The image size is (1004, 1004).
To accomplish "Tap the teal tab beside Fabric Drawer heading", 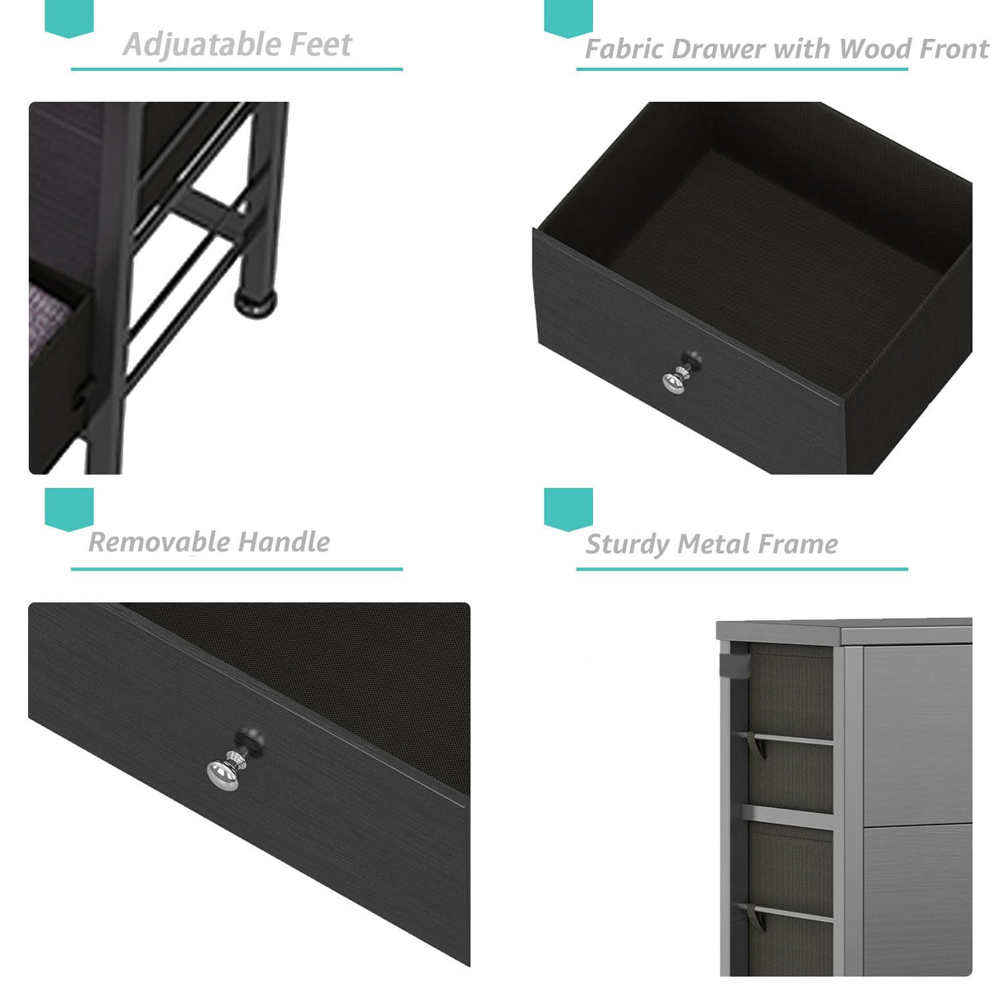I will click(568, 17).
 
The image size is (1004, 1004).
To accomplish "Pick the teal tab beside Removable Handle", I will click(69, 508).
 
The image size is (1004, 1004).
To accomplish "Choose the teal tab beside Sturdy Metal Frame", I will click(568, 508).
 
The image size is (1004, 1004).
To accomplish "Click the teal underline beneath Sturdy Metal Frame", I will click(741, 569).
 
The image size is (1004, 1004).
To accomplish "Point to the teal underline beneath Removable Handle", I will click(237, 569).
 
